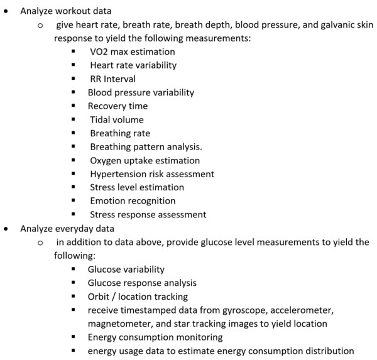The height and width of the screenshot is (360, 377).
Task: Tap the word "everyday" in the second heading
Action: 77,228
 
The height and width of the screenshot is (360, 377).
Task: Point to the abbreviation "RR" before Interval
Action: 97,79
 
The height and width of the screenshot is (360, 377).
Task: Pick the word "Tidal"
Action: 102,119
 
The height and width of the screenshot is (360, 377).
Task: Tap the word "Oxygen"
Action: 107,160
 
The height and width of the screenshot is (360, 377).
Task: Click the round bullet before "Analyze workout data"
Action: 7,11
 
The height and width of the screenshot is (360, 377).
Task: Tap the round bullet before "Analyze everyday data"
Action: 7,229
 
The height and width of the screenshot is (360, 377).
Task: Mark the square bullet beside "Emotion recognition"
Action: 75,201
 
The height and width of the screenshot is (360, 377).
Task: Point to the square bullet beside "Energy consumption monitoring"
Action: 75,337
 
